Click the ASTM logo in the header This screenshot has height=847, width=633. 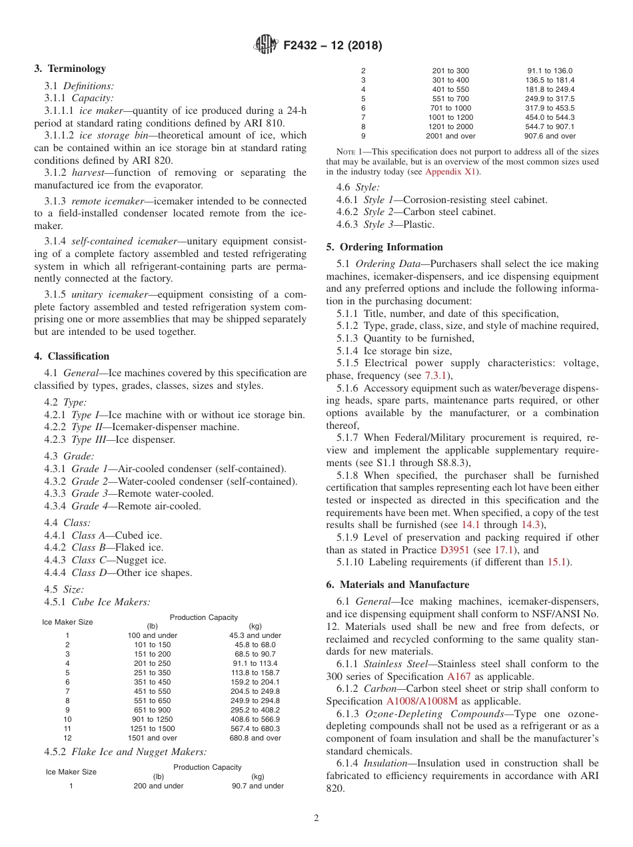point(266,45)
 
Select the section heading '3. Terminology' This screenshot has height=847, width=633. point(70,69)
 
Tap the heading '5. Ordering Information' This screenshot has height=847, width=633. point(384,247)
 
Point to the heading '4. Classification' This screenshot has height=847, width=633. point(72,356)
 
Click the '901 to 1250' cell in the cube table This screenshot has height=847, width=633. point(152,719)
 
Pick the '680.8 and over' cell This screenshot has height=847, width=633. point(255,738)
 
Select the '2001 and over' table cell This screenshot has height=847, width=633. point(450,136)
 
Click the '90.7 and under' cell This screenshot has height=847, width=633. point(257,786)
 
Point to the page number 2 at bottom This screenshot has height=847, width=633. point(316,818)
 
